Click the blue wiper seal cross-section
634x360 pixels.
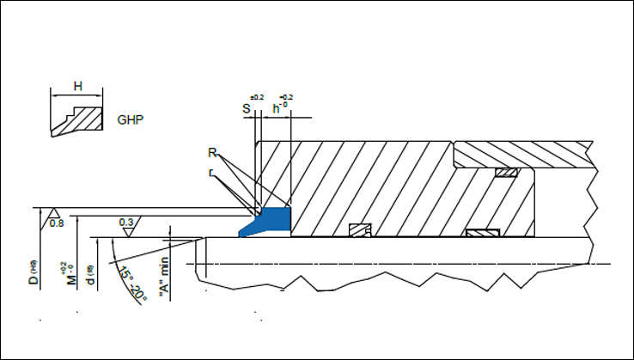(x=267, y=220)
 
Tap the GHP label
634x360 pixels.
(x=129, y=119)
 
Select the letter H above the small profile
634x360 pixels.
(x=77, y=86)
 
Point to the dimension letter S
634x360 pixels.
(x=246, y=109)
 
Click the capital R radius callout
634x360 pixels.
(x=212, y=153)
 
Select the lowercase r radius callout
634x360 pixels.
(x=211, y=172)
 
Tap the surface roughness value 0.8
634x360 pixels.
(x=58, y=223)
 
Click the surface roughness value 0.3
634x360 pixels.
(x=127, y=223)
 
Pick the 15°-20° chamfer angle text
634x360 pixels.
(x=131, y=283)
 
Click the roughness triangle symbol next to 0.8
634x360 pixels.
(x=53, y=212)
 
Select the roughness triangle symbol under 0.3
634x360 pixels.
(x=127, y=232)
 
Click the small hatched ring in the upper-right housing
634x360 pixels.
(x=505, y=174)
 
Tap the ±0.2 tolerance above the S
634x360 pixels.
(x=255, y=97)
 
